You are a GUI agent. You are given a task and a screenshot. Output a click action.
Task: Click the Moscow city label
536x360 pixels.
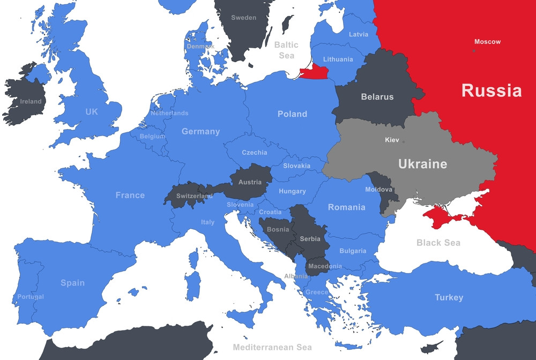[x=487, y=42]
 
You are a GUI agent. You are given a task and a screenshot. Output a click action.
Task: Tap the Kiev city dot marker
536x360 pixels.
[x=404, y=141]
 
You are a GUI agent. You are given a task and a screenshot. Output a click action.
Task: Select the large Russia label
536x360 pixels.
[x=491, y=91]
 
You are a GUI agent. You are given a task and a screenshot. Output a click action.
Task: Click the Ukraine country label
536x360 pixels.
[x=422, y=164]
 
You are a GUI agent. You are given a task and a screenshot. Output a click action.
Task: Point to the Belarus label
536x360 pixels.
[x=377, y=97]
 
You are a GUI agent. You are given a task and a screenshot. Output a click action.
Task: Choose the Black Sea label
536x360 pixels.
[x=438, y=243]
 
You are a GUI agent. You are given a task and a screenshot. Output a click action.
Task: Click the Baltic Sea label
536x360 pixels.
[x=286, y=50]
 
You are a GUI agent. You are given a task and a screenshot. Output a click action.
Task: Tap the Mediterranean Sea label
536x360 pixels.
[x=272, y=347]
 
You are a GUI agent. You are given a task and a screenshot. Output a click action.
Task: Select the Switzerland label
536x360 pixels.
[x=194, y=196]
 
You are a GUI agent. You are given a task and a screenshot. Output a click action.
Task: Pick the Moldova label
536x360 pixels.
[x=379, y=190]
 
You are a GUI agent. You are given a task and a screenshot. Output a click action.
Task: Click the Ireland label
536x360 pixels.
[x=31, y=101]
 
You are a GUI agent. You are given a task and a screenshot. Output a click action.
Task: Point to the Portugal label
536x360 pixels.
[x=31, y=297]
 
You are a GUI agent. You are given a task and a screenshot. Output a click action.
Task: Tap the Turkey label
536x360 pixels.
[x=449, y=297]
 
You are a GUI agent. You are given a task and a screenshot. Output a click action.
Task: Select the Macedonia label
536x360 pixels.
[x=324, y=266]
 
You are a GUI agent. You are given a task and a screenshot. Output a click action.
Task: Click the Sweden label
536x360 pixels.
[x=243, y=18]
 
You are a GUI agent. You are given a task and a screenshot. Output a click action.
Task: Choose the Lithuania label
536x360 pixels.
[x=338, y=59]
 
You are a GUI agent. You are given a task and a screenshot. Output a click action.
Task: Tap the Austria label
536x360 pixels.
[x=250, y=182]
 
